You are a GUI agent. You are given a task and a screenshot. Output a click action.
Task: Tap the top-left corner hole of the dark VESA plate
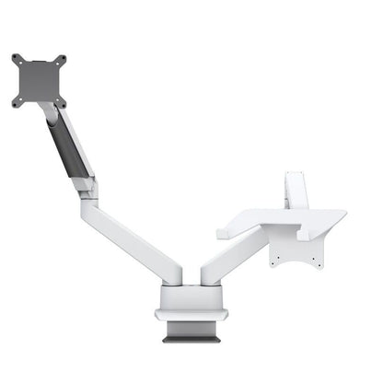pyautogui.click(x=17, y=59)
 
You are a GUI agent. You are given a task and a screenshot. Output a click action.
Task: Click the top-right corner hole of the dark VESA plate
pyautogui.click(x=63, y=59)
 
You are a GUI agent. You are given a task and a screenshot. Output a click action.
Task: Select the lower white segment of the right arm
pyautogui.click(x=230, y=258)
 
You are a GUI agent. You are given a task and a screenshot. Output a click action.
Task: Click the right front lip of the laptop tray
pyautogui.click(x=305, y=237)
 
